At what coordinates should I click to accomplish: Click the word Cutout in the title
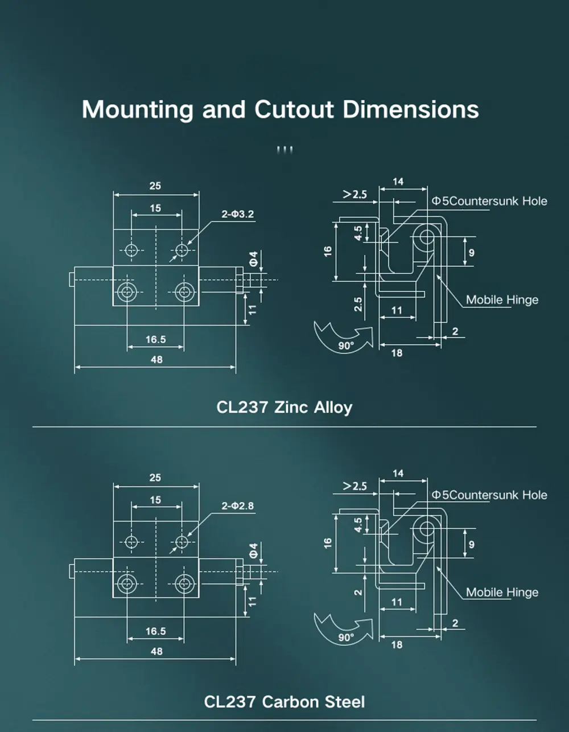[295, 109]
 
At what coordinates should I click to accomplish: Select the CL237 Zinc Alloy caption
[284, 408]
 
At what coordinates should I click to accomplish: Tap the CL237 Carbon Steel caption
[284, 702]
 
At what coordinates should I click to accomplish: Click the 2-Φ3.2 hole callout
[238, 214]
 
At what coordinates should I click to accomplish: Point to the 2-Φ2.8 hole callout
[238, 505]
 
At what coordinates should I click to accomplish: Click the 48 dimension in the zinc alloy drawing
[156, 360]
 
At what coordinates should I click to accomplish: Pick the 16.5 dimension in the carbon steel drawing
[155, 631]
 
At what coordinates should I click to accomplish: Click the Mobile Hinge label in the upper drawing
[502, 300]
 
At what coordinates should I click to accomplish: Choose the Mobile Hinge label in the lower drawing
[502, 593]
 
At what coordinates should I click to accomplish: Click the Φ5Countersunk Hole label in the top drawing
[489, 201]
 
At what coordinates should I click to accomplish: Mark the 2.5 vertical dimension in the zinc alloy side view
[358, 304]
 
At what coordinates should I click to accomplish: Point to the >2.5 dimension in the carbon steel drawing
[354, 486]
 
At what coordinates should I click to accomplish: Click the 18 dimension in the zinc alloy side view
[397, 353]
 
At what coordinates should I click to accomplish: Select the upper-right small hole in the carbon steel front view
[182, 542]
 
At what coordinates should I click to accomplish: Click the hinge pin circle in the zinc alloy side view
[425, 238]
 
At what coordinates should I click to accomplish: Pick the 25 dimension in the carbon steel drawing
[155, 478]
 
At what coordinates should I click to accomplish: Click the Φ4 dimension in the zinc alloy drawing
[254, 258]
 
